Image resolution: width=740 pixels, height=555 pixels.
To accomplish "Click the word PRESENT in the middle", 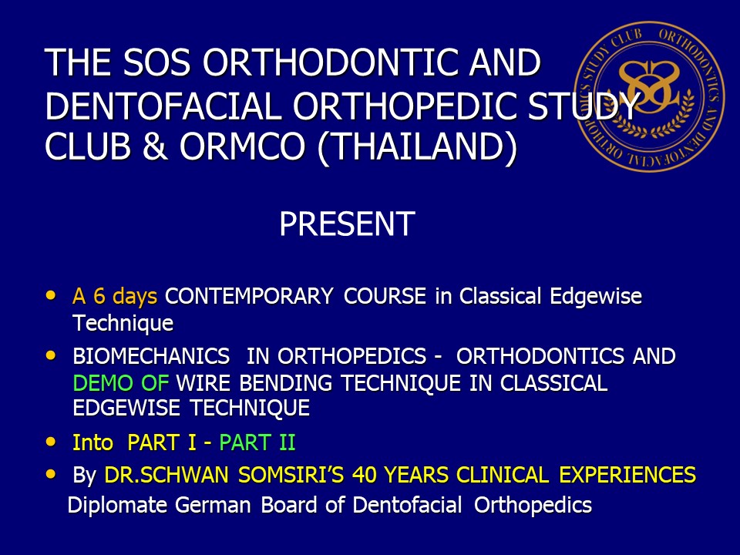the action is pyautogui.click(x=347, y=224).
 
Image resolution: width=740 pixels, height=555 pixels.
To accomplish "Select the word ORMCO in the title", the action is pyautogui.click(x=243, y=146).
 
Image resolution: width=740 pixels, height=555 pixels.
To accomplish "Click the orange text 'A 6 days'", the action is pyautogui.click(x=115, y=296).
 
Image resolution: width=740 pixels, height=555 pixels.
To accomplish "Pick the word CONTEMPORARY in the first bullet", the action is pyautogui.click(x=249, y=296).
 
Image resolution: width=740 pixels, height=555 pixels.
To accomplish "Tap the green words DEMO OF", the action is pyautogui.click(x=121, y=383).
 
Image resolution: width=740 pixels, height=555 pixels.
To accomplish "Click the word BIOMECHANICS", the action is pyautogui.click(x=151, y=356).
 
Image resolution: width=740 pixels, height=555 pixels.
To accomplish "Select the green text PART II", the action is pyautogui.click(x=257, y=442).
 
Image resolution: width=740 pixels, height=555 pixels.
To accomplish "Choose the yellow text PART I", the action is pyautogui.click(x=162, y=442).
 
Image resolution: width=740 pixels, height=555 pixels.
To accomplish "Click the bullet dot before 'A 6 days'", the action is pyautogui.click(x=51, y=296).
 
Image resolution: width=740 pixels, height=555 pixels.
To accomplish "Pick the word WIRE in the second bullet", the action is pyautogui.click(x=203, y=383).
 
